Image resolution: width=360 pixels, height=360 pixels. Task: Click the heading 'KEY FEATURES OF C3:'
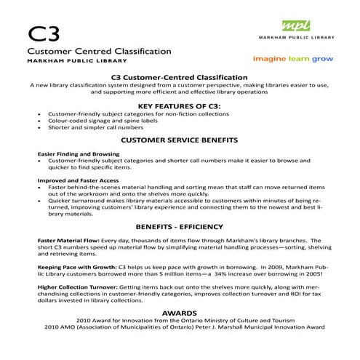[179, 105]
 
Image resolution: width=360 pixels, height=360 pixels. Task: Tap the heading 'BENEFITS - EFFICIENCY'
[179, 226]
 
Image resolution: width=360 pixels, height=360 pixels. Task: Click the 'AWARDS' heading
[179, 312]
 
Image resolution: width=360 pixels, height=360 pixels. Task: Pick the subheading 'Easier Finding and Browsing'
[74, 155]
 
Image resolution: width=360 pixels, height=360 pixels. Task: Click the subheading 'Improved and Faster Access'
[74, 180]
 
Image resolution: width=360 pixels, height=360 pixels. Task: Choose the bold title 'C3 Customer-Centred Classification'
[179, 76]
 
